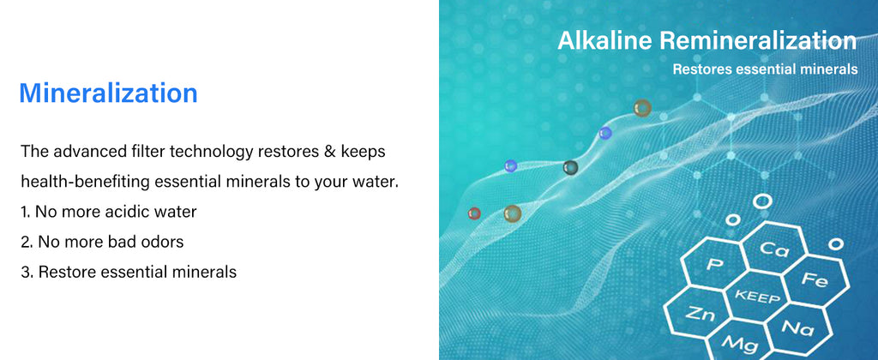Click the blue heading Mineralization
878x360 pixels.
[x=108, y=93]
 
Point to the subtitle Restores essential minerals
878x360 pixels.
[x=765, y=69]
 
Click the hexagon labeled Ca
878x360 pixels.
[x=775, y=249]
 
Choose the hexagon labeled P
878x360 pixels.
[x=714, y=264]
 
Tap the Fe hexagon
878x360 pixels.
[x=815, y=279]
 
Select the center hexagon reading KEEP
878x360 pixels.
[x=756, y=296]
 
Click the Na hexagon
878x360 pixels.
[x=797, y=327]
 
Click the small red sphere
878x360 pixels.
[x=474, y=213]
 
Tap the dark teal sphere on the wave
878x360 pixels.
[x=570, y=167]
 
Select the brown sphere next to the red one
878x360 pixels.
[x=513, y=213]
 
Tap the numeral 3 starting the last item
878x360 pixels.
[x=24, y=273]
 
